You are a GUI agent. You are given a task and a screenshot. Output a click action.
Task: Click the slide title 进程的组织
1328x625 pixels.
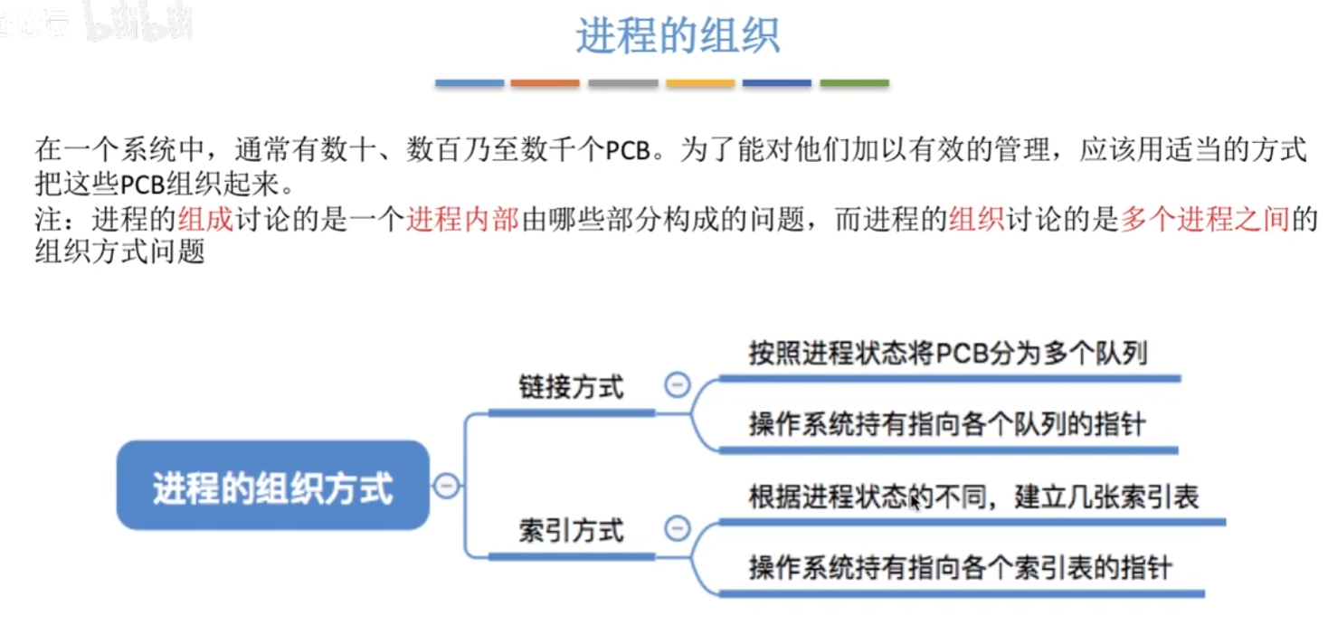point(677,37)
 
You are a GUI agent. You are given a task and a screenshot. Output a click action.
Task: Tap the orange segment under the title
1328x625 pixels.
point(545,83)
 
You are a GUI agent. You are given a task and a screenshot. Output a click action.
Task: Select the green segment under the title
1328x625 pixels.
point(854,83)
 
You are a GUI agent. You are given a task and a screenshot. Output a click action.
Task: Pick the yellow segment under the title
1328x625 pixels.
point(700,83)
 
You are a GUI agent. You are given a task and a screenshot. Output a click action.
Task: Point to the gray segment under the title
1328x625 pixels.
point(622,83)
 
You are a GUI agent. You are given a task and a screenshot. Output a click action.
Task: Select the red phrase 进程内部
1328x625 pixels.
point(462,220)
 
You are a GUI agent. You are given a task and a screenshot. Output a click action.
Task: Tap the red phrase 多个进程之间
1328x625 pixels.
point(1204,220)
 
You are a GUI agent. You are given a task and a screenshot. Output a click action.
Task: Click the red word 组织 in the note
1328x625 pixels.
point(976,220)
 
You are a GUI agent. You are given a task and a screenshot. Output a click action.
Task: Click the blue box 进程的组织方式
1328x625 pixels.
point(272,486)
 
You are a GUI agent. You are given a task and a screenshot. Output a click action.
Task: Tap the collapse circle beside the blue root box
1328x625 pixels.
point(446,486)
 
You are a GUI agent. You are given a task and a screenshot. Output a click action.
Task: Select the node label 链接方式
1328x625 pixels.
point(571,387)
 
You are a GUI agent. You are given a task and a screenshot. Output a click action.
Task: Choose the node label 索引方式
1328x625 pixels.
point(571,530)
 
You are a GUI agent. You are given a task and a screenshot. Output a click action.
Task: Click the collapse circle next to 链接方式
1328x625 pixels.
point(677,385)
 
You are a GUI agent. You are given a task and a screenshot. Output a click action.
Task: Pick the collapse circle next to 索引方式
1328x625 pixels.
point(677,528)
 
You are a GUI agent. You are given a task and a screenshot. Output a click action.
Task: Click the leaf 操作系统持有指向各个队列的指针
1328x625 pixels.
point(947,424)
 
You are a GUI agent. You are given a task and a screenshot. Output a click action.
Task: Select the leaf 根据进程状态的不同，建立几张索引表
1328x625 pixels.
point(973,498)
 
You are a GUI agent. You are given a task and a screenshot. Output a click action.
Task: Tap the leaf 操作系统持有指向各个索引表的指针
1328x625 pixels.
point(960,568)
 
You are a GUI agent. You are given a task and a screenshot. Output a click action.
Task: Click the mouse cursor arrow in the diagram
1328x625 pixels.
point(915,501)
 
